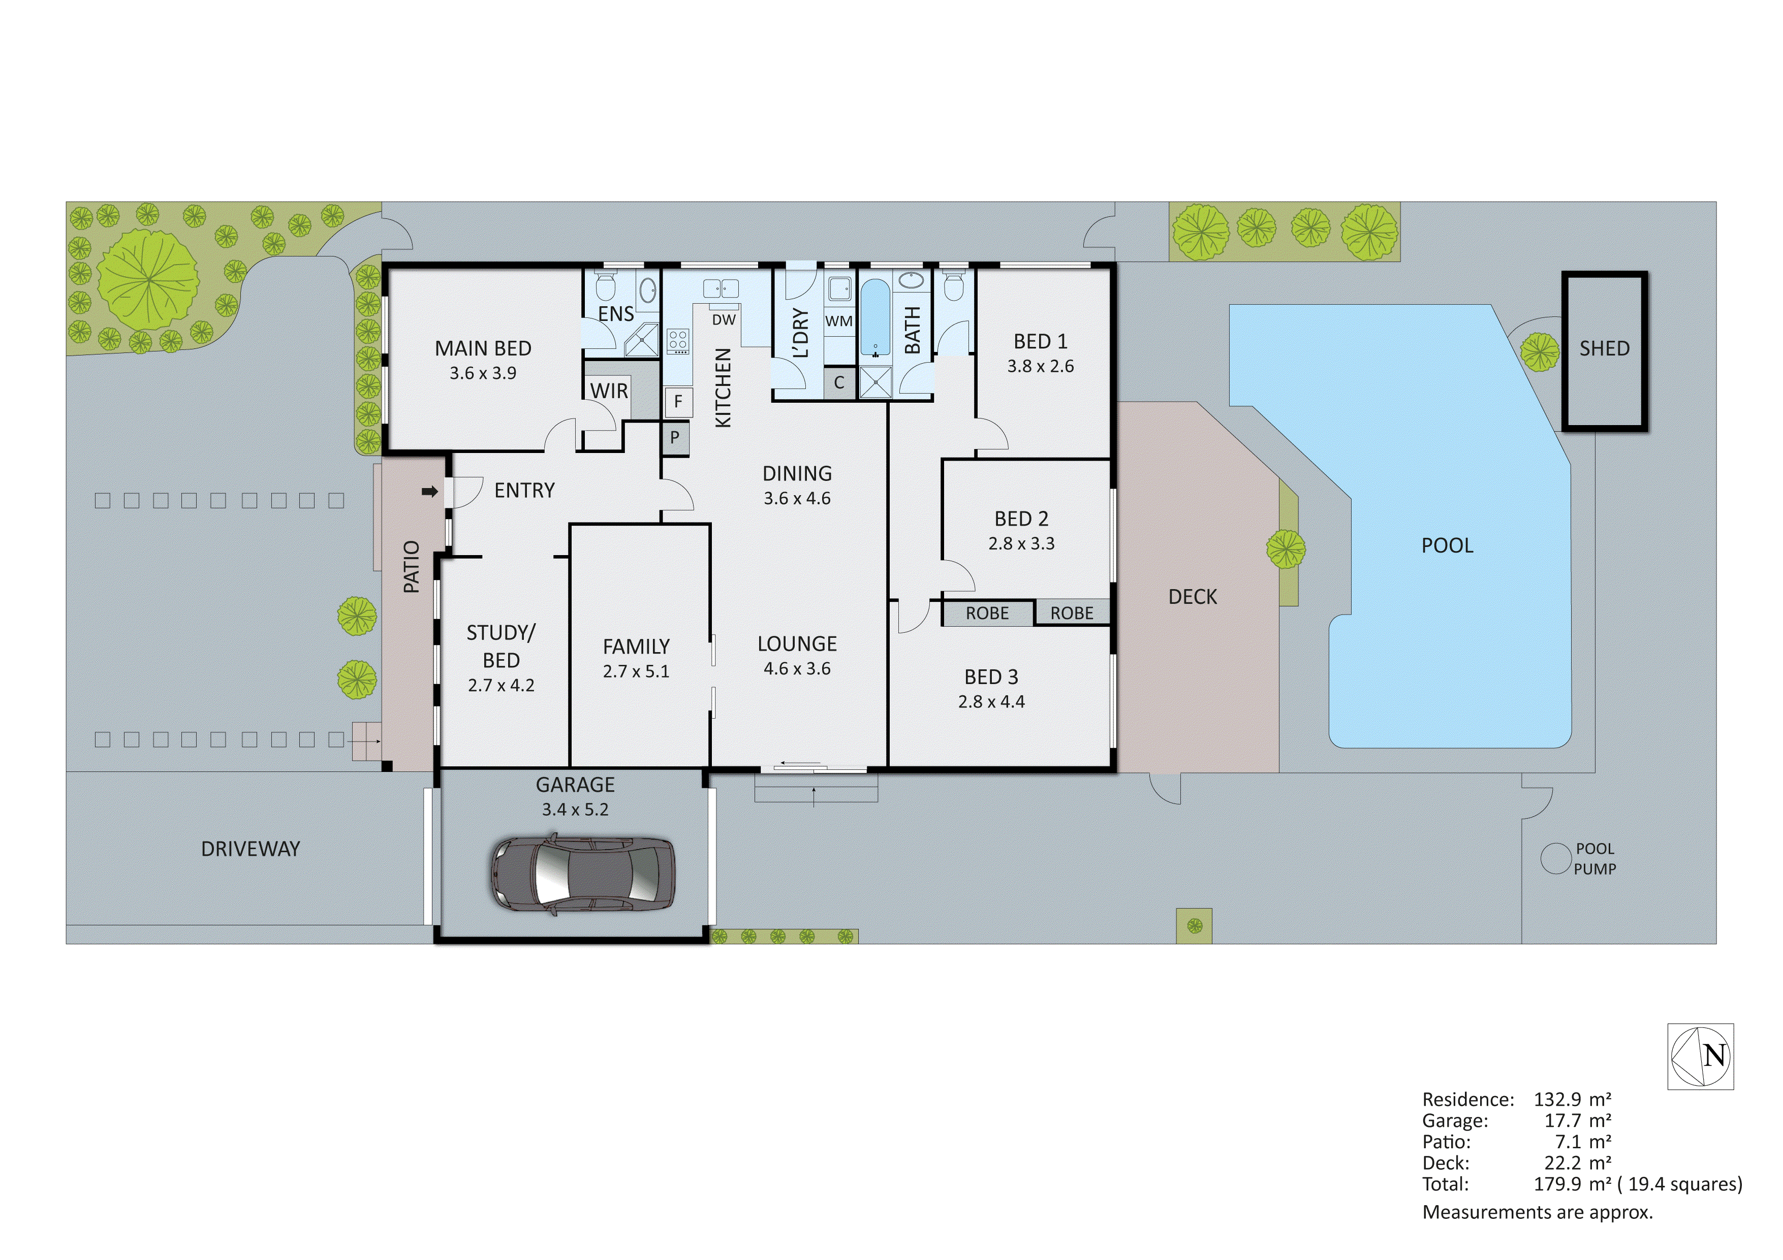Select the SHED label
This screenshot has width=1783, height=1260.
[x=1604, y=348]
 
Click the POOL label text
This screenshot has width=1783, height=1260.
[x=1447, y=546]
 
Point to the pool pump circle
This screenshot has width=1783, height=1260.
[x=1555, y=859]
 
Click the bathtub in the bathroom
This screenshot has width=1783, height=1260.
[x=875, y=318]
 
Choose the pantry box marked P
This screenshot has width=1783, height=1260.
[x=674, y=438]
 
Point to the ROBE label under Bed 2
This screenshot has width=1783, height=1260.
[x=987, y=613]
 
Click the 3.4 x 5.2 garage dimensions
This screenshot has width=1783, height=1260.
[x=575, y=810]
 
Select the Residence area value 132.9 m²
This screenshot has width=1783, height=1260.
[x=1572, y=1100]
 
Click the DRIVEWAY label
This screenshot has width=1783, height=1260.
[x=250, y=849]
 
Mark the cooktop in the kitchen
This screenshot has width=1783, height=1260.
[x=678, y=341]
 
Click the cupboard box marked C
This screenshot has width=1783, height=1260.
[x=839, y=383]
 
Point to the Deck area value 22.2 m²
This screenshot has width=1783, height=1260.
[x=1576, y=1163]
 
